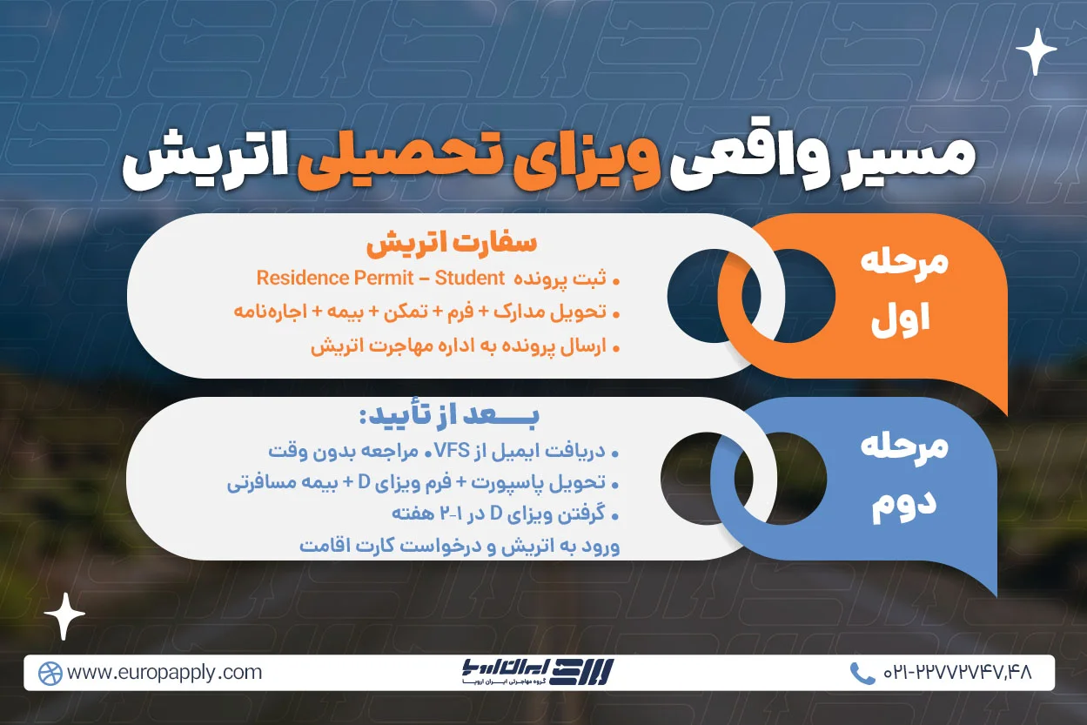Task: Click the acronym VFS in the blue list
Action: pyautogui.click(x=488, y=453)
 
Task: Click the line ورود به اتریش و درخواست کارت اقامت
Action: pyautogui.click(x=459, y=547)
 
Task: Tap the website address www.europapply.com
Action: pyautogui.click(x=164, y=673)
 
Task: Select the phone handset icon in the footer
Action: pyautogui.click(x=862, y=673)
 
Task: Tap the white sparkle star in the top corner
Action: pyautogui.click(x=1036, y=51)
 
